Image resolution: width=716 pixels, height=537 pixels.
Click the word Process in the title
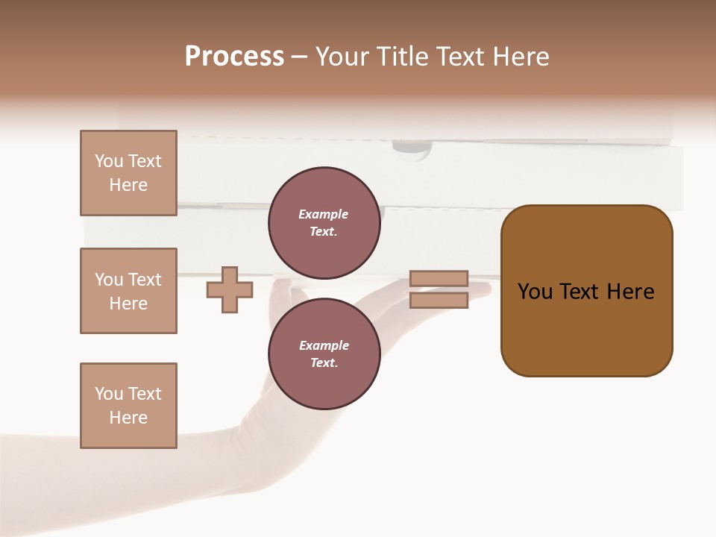coord(234,57)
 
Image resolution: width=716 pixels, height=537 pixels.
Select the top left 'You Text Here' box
coord(128,173)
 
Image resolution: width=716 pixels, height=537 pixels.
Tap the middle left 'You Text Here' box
coord(128,291)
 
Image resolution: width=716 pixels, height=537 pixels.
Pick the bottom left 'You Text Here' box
coord(128,406)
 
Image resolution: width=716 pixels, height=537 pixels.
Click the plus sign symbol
coord(229,290)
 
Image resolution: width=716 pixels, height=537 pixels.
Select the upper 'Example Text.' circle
coord(324,223)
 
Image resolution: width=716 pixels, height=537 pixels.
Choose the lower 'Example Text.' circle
coord(324,354)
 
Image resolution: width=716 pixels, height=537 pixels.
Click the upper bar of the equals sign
coord(439,278)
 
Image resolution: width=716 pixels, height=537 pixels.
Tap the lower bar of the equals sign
coord(439,301)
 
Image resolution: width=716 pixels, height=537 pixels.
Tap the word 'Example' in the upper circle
coord(324,215)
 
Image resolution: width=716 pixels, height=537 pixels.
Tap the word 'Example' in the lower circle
coord(324,346)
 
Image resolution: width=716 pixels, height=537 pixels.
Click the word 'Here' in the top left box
coord(128,185)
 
